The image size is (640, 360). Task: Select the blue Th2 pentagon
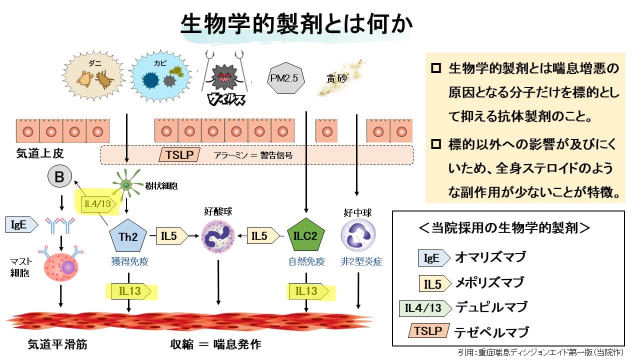coord(128,236)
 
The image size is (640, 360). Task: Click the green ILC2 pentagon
coord(306,236)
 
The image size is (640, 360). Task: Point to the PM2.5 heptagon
coord(285,78)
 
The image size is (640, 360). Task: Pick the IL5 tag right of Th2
coord(171,236)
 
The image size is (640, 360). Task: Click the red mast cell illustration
coord(60,268)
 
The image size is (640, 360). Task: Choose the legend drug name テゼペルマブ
coord(491,331)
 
